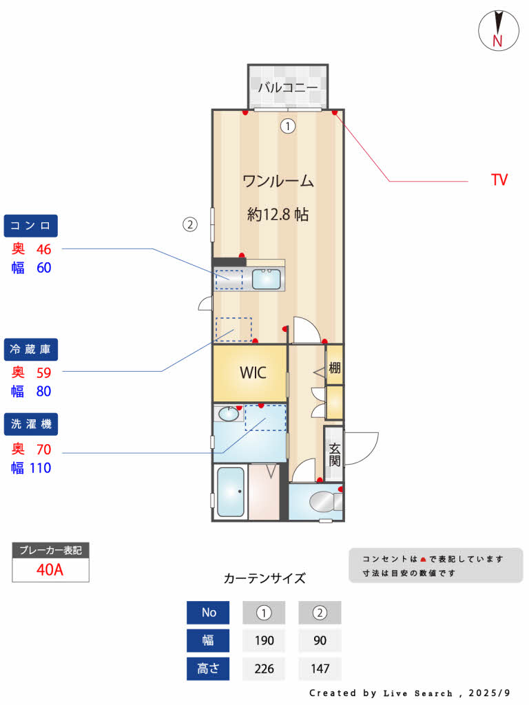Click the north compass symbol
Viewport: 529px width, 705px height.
click(x=497, y=30)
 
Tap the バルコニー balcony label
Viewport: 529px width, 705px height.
click(x=288, y=87)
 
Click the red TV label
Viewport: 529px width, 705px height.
click(x=499, y=180)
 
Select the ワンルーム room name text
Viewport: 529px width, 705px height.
click(x=278, y=182)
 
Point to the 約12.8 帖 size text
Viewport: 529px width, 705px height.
click(x=278, y=214)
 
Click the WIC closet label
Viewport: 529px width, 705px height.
click(x=253, y=372)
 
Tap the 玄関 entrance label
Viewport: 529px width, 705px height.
click(x=334, y=454)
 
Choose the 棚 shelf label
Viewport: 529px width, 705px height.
click(x=334, y=368)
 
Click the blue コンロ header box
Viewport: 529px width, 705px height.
click(x=31, y=225)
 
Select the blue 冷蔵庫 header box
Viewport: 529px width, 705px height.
click(x=31, y=349)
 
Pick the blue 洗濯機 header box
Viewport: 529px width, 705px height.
click(x=31, y=424)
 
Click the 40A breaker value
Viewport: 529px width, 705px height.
click(x=50, y=570)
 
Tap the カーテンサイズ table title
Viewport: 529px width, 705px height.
click(x=264, y=578)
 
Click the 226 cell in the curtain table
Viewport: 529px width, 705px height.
click(x=264, y=669)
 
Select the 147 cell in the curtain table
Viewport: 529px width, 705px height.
click(x=320, y=669)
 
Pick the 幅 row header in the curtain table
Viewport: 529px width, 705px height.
click(x=208, y=640)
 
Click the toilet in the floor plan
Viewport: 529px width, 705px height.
click(x=325, y=502)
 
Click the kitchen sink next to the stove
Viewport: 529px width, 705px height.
click(x=266, y=280)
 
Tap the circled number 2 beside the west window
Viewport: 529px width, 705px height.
click(x=189, y=224)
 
